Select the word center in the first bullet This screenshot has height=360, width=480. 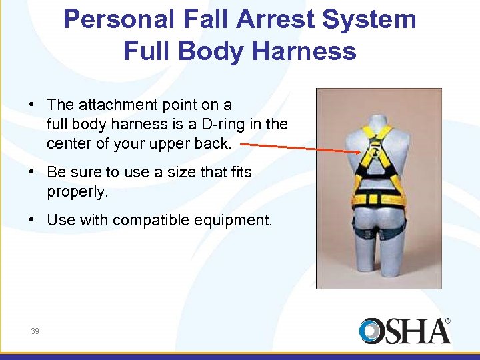pos(69,143)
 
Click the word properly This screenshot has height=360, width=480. pos(77,192)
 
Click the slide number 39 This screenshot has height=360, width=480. pos(35,331)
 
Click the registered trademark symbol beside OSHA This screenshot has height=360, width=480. pos(447,321)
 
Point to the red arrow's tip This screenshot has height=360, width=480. pos(361,153)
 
